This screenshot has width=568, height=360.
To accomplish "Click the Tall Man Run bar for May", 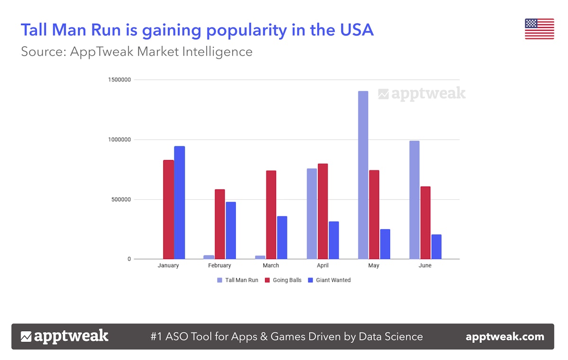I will coord(363,175).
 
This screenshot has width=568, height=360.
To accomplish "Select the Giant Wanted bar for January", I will coord(179,202).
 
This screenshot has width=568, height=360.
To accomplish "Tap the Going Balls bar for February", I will coord(220,224).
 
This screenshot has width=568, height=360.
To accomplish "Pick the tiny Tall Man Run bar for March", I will coord(260,257).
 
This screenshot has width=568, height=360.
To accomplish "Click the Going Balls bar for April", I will coord(323,211).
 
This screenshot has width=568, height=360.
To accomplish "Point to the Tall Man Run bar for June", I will coord(414,200).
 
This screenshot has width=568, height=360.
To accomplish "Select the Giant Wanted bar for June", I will coord(436,247).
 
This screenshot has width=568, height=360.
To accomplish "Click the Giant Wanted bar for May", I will coord(385,244).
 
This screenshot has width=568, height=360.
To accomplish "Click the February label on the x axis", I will coord(220,266).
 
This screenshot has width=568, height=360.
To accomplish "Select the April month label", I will coord(322,266).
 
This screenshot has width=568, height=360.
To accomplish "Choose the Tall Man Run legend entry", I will coord(238,280).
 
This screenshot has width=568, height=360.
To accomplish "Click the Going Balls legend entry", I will coord(283,280).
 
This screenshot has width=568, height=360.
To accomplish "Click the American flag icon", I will coord(539,29).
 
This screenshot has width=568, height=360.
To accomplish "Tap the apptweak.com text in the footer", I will coord(505,337).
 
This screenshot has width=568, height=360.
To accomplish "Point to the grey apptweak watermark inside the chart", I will coord(422,94).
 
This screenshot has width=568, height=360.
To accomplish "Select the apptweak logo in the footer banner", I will coord(64,337).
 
